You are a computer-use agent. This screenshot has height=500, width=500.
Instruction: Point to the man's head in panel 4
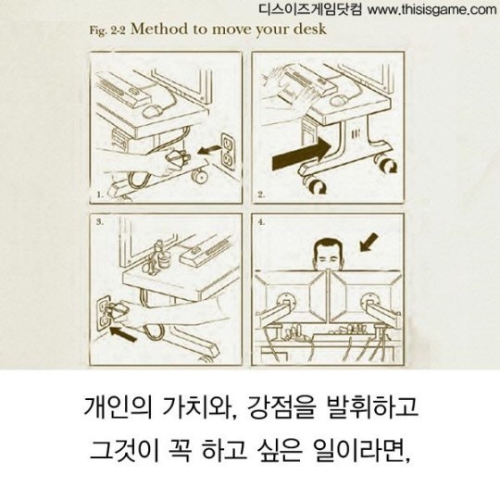pyautogui.click(x=327, y=253)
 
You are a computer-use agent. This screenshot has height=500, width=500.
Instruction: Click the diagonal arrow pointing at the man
pyautogui.click(x=369, y=241)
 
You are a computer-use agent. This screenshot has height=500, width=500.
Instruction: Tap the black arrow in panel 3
pyautogui.click(x=123, y=325)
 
